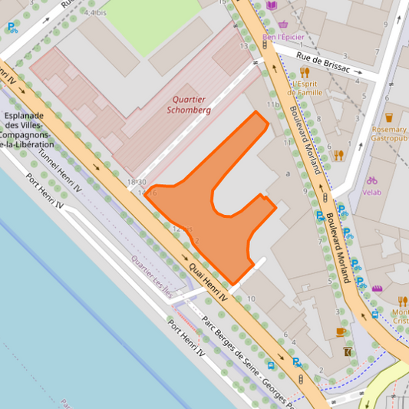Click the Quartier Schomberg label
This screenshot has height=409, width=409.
coord(189,104)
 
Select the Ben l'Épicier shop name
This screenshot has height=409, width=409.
coord(283,37)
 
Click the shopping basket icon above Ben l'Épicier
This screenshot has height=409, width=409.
coord(284,25)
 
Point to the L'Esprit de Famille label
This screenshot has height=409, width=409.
coord(305,87)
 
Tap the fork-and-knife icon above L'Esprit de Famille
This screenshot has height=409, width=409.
coord(305,73)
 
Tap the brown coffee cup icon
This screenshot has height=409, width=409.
coord(341,331)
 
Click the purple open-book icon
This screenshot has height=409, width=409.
coord(272,5)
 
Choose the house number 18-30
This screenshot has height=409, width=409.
coord(137,181)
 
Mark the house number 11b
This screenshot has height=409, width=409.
coord(272,104)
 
